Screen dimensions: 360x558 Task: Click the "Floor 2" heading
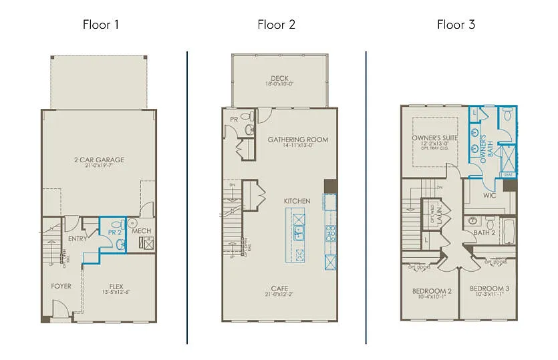(276, 25)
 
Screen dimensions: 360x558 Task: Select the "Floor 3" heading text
(456, 25)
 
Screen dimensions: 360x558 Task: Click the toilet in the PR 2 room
(121, 245)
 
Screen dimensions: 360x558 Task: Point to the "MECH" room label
(141, 231)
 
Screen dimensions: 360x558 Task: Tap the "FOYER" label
(61, 286)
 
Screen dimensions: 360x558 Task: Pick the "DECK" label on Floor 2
(279, 78)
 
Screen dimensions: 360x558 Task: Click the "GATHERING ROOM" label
(297, 140)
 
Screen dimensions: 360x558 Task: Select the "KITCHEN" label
(297, 201)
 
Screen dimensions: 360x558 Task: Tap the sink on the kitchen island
(298, 233)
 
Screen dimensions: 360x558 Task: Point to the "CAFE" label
(279, 289)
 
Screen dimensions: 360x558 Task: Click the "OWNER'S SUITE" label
(432, 139)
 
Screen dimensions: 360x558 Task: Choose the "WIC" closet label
(489, 196)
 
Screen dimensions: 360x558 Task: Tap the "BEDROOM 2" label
(431, 291)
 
